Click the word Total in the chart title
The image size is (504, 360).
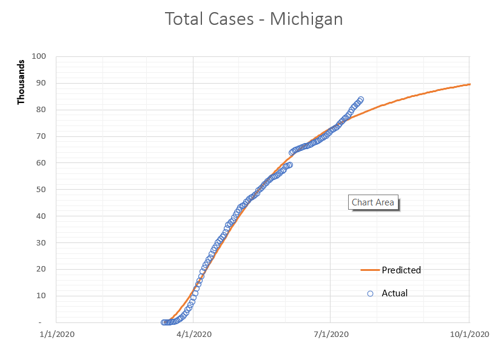(x=184, y=19)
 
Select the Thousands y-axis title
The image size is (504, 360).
(x=21, y=82)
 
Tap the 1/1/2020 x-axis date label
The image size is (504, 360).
(x=56, y=334)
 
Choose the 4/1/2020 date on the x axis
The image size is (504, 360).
(x=193, y=334)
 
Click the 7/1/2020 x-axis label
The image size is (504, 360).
(x=330, y=334)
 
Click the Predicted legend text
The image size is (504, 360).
(x=401, y=270)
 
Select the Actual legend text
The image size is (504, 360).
(x=394, y=293)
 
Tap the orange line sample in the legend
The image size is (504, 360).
(x=370, y=270)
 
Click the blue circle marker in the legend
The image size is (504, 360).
(x=370, y=293)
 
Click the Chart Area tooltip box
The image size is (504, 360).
(x=373, y=202)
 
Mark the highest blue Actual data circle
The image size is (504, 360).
(x=361, y=99)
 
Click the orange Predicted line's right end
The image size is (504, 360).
(x=469, y=84)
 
